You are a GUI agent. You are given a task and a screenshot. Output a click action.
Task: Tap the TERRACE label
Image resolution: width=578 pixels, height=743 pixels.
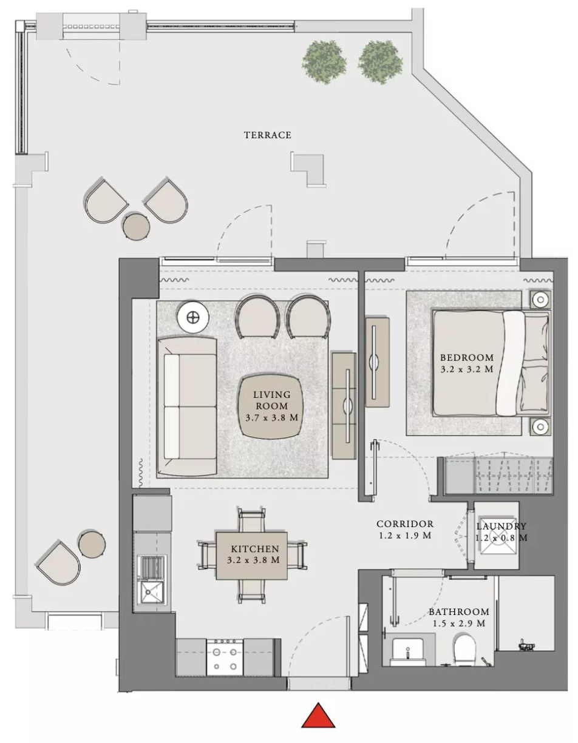click(268, 135)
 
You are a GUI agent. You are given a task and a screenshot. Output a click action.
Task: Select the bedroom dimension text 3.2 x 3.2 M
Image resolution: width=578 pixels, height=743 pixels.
click(467, 369)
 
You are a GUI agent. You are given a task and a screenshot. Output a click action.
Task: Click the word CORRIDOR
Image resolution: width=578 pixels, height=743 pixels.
click(405, 524)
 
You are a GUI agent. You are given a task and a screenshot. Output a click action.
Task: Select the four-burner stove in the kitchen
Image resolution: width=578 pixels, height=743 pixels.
click(225, 656)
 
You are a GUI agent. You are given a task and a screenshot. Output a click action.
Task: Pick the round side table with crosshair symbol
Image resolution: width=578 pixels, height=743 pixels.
click(193, 318)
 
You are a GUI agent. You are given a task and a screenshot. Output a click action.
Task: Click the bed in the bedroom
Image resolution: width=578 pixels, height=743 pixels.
click(491, 363)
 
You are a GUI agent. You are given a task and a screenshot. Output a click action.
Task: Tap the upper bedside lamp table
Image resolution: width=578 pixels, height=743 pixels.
click(541, 300)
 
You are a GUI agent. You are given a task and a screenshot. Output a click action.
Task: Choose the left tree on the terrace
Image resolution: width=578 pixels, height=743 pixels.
click(324, 62)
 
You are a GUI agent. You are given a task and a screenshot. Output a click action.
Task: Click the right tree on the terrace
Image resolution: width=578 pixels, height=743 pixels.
click(380, 62)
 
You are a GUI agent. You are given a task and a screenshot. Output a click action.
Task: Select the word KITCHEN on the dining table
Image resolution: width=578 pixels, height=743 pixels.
click(255, 549)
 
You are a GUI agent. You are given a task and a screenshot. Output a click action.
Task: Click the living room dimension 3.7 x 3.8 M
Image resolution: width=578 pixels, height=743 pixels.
click(272, 417)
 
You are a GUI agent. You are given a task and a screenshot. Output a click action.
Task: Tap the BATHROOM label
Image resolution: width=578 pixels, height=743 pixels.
click(459, 612)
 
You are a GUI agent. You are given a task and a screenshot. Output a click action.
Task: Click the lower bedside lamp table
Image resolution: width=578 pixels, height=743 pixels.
click(541, 426)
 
